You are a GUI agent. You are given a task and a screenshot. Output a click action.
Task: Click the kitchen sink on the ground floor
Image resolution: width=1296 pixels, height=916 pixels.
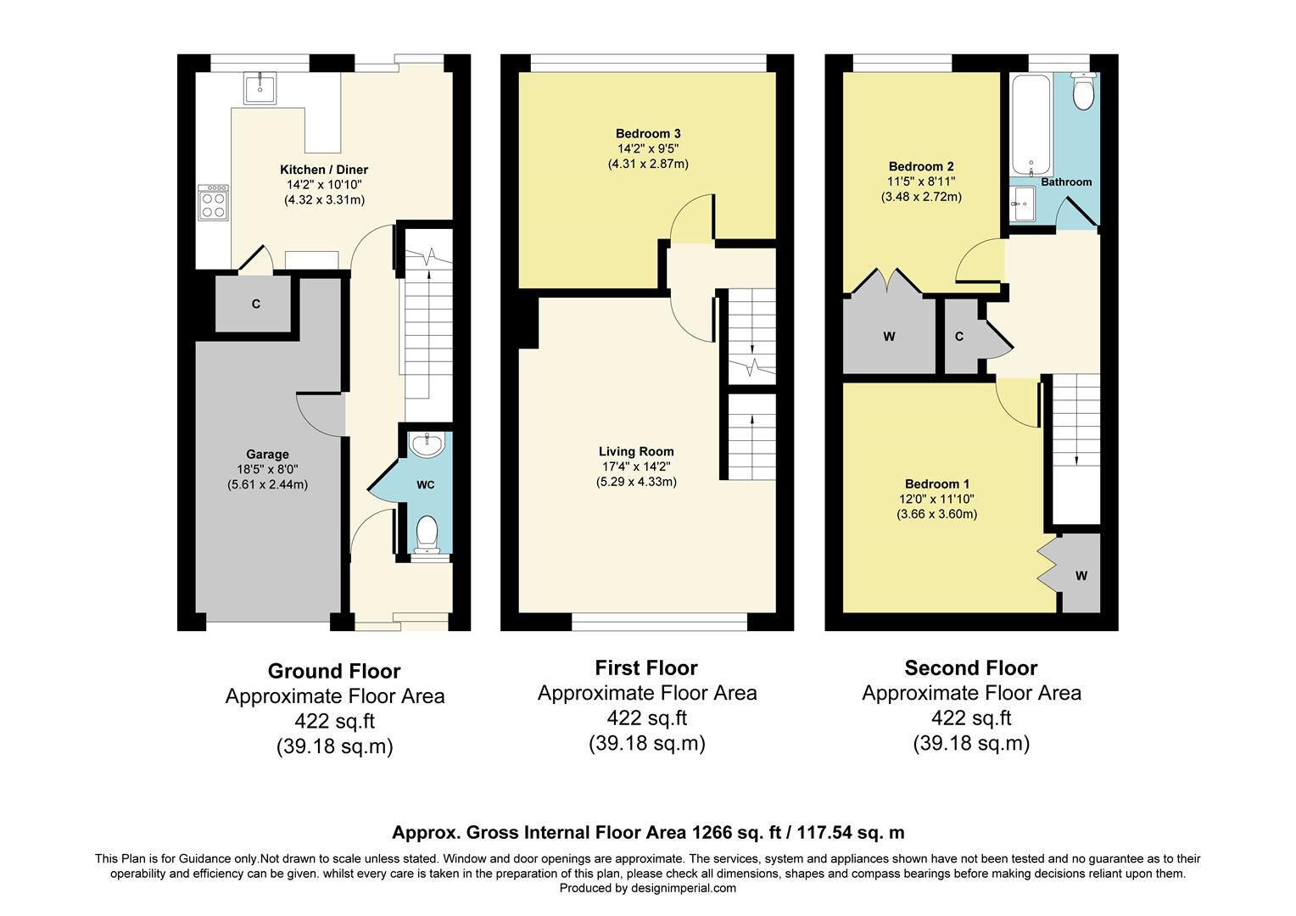pyautogui.click(x=260, y=87)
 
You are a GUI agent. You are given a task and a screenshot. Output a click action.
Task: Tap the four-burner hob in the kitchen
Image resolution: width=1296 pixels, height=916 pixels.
pyautogui.click(x=213, y=203)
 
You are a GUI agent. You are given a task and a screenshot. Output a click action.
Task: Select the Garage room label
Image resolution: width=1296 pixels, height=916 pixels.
pyautogui.click(x=268, y=455)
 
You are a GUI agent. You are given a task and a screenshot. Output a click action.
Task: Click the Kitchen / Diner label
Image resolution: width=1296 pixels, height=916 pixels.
pyautogui.click(x=324, y=170)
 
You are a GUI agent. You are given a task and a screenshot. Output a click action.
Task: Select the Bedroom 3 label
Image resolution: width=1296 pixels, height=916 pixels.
pyautogui.click(x=648, y=133)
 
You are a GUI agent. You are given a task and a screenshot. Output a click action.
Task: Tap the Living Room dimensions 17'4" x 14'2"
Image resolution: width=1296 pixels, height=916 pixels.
pyautogui.click(x=636, y=466)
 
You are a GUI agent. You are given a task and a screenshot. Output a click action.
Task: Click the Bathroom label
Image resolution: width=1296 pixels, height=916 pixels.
pyautogui.click(x=1066, y=182)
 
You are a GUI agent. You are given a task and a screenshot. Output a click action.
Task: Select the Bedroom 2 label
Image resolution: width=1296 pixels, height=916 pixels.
pyautogui.click(x=921, y=166)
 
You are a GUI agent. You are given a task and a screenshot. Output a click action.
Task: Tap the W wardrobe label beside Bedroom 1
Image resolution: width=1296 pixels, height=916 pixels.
pyautogui.click(x=1081, y=576)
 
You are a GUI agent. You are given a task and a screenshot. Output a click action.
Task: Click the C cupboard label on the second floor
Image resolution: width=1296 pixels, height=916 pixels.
pyautogui.click(x=959, y=337)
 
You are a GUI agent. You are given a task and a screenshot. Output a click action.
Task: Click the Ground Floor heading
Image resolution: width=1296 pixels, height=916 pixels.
pyautogui.click(x=334, y=671)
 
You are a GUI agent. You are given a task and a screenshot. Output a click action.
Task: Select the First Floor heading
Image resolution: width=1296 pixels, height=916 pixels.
pyautogui.click(x=646, y=667)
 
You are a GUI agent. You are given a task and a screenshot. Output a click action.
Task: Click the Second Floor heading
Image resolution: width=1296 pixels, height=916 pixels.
pyautogui.click(x=970, y=667)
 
